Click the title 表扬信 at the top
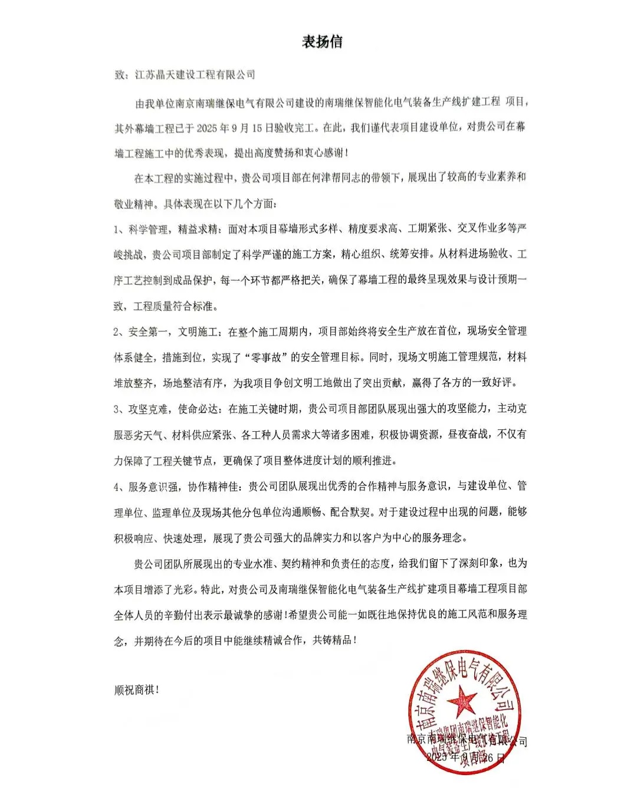coord(322,42)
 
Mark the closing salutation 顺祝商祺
coord(136,689)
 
